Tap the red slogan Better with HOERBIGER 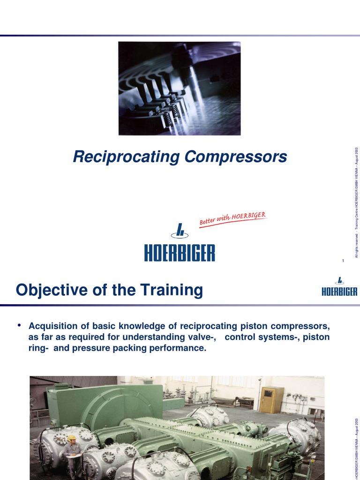pos(232,219)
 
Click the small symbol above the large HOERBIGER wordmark pos(179,230)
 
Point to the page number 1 pos(343,261)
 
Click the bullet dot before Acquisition pos(20,325)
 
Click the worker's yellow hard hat pos(72,438)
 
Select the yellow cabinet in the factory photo pos(272,399)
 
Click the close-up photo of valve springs pos(179,89)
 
